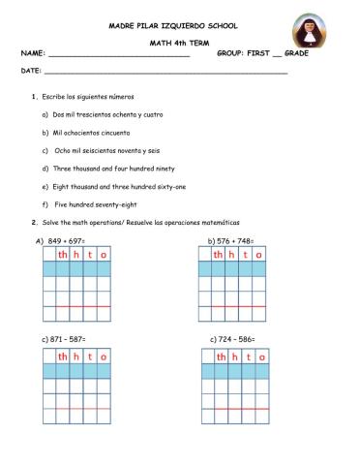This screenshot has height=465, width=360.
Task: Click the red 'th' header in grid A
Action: (x=64, y=255)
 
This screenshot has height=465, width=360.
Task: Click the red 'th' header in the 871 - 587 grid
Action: (x=64, y=356)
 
